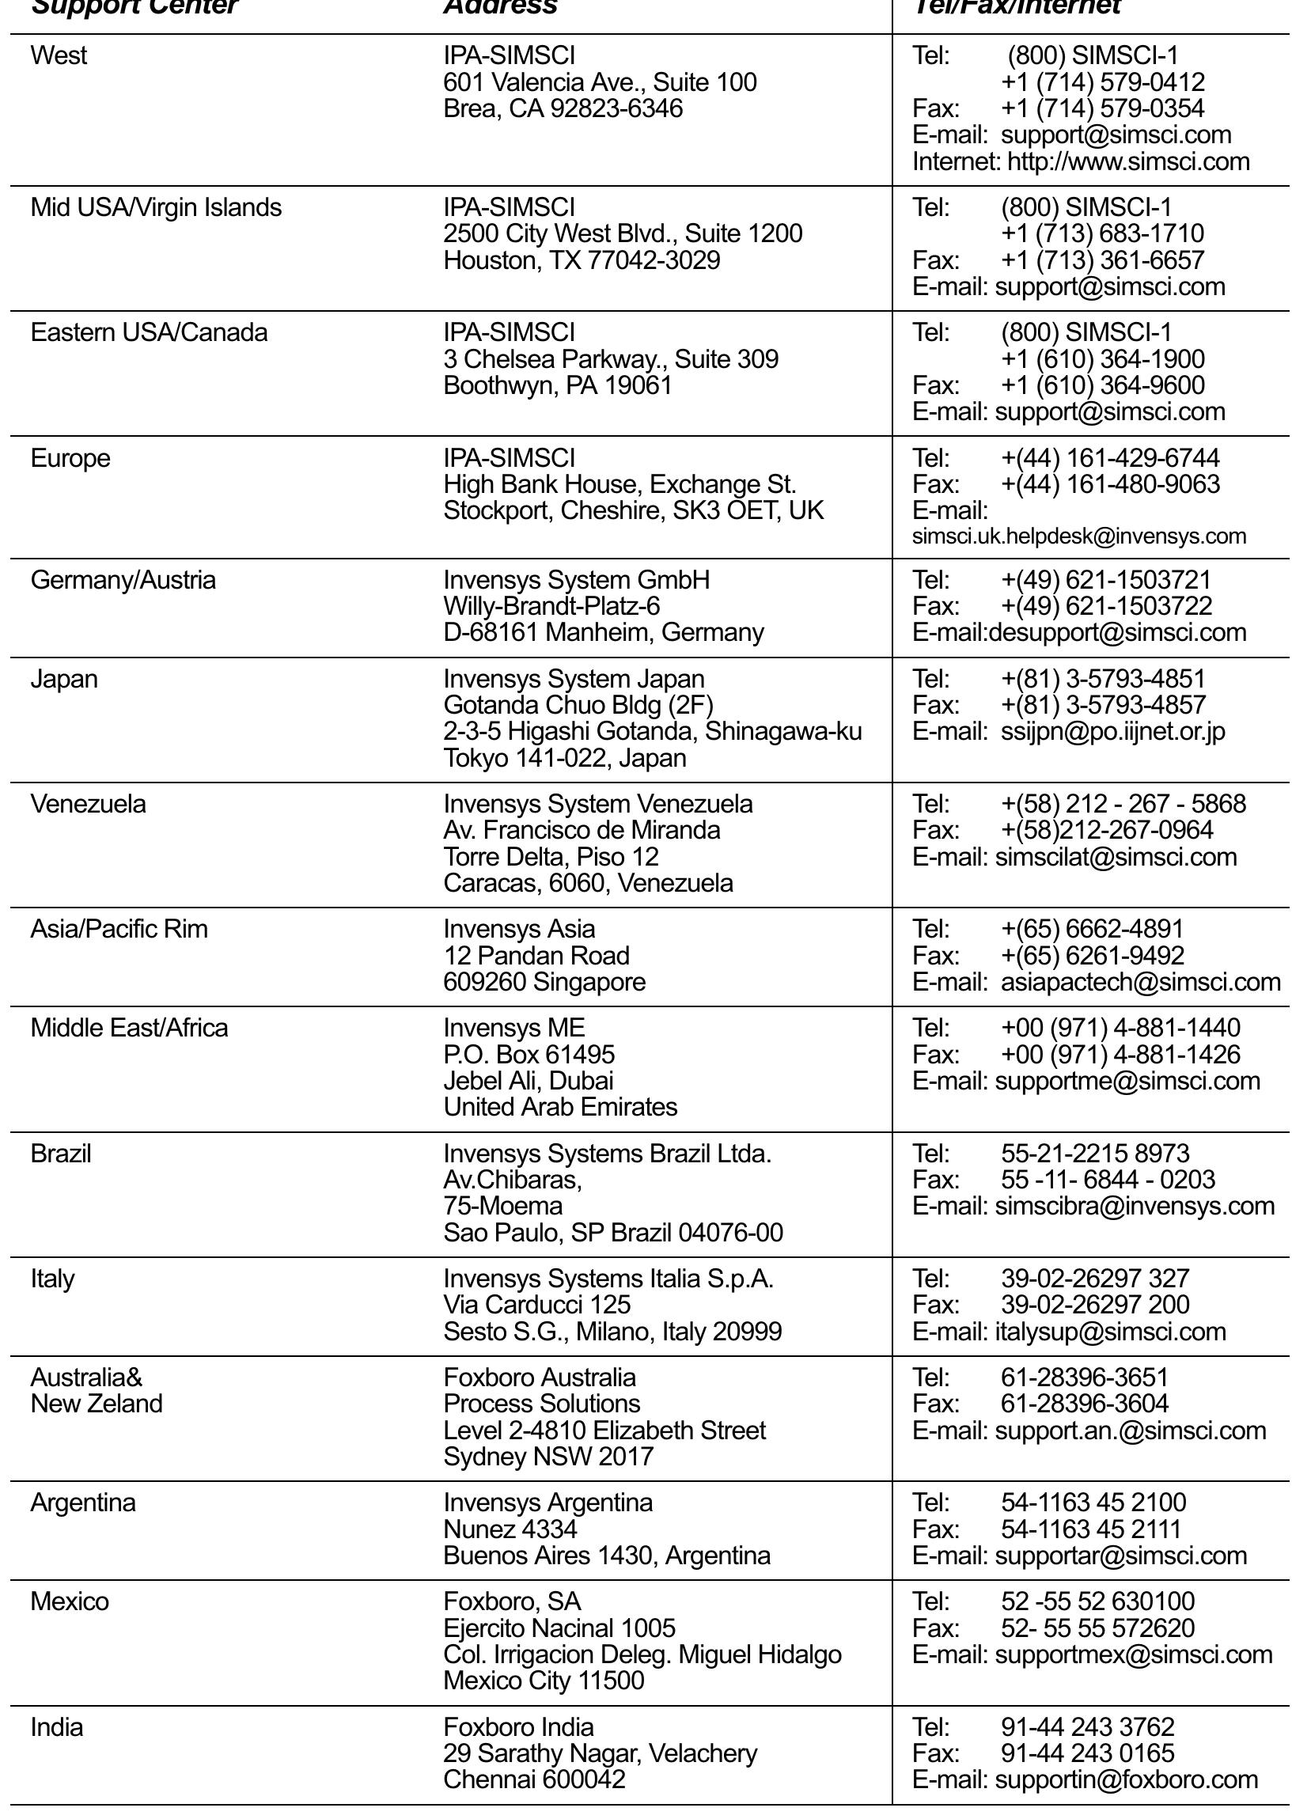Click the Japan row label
point(63,679)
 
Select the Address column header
point(500,7)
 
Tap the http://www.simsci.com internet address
point(1128,162)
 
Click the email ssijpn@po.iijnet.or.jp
point(1112,732)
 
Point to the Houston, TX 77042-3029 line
point(582,261)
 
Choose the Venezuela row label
point(89,804)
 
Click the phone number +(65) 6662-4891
point(1092,929)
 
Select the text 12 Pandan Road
point(536,956)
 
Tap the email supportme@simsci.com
point(1127,1081)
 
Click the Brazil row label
point(60,1154)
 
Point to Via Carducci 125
point(537,1306)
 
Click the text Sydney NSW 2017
point(548,1457)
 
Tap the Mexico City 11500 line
point(544,1681)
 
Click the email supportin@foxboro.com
point(1127,1780)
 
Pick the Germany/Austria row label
point(123,580)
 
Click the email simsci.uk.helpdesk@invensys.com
point(1079,537)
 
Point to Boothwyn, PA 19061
point(558,386)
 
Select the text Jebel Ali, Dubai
point(529,1081)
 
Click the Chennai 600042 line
point(534,1780)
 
